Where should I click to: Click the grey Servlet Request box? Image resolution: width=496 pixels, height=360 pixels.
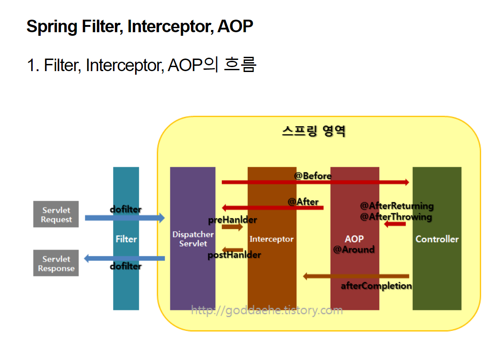(56, 214)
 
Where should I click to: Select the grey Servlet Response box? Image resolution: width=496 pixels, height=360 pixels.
(56, 263)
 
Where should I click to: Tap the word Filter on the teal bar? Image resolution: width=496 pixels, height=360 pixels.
(126, 239)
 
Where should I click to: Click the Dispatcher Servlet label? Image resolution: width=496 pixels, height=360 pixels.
(193, 239)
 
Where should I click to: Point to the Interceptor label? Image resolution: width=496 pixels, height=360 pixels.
(271, 239)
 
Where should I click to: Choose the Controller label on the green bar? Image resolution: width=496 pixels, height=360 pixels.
(437, 239)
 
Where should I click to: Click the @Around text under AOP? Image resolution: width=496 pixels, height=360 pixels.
(354, 250)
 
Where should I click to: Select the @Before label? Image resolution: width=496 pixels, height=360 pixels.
(313, 176)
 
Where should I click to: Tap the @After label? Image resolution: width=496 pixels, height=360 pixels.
(303, 202)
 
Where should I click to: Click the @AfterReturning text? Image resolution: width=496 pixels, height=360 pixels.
(397, 206)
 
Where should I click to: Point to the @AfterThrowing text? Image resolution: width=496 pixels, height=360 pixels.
(396, 217)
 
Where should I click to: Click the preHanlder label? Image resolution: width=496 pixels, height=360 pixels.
(233, 220)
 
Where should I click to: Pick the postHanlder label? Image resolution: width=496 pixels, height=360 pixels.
(234, 254)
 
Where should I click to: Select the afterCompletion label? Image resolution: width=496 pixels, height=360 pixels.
(377, 286)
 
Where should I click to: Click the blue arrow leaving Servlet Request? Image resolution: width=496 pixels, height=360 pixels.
(125, 218)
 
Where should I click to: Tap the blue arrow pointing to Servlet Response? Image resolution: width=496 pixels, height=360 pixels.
(124, 258)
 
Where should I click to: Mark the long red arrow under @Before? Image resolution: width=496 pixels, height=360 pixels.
(315, 182)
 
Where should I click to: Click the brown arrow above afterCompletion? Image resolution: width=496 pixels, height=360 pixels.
(356, 276)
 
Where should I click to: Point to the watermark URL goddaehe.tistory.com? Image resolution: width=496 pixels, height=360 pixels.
(267, 310)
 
